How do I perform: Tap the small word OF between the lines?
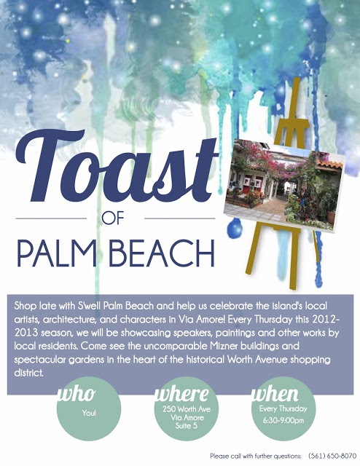click(x=112, y=218)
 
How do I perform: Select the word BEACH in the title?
click(x=163, y=253)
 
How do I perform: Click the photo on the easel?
click(x=284, y=185)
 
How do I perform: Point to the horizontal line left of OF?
click(x=51, y=218)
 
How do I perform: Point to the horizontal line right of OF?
click(x=179, y=218)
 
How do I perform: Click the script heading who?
click(x=77, y=394)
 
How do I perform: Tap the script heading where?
click(x=182, y=394)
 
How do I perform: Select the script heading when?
click(x=275, y=394)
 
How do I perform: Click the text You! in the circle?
click(x=89, y=413)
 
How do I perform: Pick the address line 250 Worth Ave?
click(x=187, y=409)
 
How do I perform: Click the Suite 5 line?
click(x=187, y=425)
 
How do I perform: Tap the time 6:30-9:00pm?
click(x=283, y=421)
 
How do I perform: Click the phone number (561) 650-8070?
click(x=332, y=456)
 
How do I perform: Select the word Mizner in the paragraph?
click(x=224, y=346)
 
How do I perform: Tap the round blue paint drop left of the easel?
click(x=235, y=228)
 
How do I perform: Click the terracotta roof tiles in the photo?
click(x=329, y=164)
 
